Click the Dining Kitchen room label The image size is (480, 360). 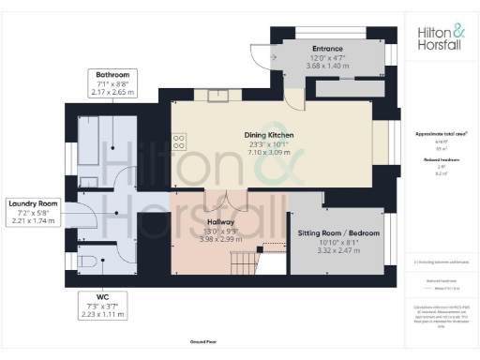(x=269, y=136)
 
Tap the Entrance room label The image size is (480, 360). (x=327, y=49)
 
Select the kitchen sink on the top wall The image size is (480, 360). (x=219, y=94)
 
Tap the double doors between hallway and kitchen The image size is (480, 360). (x=227, y=200)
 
